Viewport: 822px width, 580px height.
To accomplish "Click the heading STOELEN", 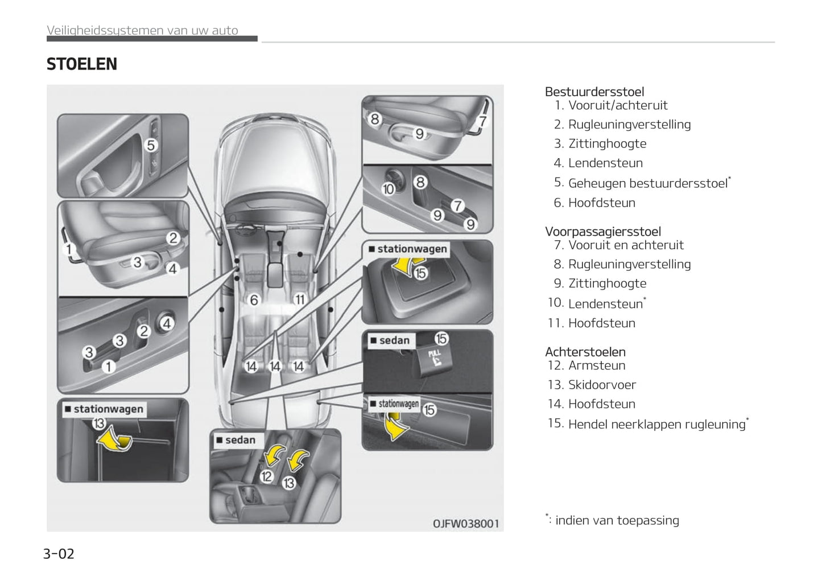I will (x=82, y=64).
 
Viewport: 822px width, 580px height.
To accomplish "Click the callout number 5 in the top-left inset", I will (x=151, y=145).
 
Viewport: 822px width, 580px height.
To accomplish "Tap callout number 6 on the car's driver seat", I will (x=254, y=299).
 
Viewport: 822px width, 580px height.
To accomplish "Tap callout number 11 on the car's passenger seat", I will (x=299, y=299).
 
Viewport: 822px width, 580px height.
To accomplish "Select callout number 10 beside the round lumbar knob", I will (x=389, y=188).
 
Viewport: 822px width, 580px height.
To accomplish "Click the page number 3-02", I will (x=59, y=554).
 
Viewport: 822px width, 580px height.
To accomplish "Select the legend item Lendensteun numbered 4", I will (x=605, y=163).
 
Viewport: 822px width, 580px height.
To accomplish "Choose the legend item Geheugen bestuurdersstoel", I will (x=648, y=183).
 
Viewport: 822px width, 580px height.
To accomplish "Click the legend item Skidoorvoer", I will (x=602, y=385).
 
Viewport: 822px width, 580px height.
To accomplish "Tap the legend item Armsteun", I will (x=597, y=365).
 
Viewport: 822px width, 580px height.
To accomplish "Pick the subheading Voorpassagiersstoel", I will (x=602, y=232).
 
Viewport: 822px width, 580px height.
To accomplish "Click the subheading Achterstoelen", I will (x=585, y=352).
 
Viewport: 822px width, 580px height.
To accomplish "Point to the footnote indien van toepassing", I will (x=617, y=520).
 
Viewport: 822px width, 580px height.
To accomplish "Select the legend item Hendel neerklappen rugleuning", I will (x=656, y=424).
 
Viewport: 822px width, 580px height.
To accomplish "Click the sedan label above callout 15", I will (x=394, y=340).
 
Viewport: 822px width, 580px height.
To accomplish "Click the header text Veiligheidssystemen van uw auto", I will (x=142, y=31).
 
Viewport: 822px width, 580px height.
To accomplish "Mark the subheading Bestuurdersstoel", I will (x=594, y=92).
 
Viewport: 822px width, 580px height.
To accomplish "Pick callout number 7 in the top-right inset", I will (x=482, y=121).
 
